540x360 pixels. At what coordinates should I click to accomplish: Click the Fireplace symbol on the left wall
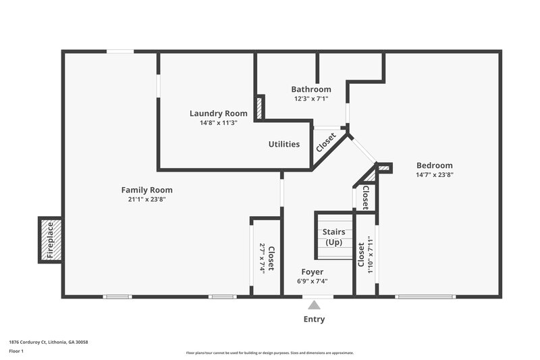click(x=50, y=239)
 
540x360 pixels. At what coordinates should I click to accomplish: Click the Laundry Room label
click(x=218, y=113)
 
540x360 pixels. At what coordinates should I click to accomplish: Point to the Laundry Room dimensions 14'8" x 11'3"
click(x=218, y=123)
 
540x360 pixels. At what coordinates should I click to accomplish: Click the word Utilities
click(x=284, y=144)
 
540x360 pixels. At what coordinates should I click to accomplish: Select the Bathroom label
click(x=311, y=89)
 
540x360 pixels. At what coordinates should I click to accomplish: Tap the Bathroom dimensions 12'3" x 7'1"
click(x=311, y=99)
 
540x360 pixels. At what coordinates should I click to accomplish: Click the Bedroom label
click(x=434, y=165)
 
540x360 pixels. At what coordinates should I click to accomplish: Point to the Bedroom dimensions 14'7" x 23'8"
click(x=434, y=175)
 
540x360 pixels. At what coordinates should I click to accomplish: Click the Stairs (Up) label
click(x=334, y=237)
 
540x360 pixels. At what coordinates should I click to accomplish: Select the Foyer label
click(x=311, y=272)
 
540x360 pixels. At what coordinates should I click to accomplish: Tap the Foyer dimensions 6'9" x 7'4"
click(x=311, y=281)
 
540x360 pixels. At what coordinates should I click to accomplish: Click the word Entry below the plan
click(x=315, y=319)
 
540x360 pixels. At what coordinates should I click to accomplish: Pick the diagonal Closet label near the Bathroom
click(x=326, y=142)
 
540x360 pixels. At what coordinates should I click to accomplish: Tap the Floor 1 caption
click(x=16, y=352)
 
